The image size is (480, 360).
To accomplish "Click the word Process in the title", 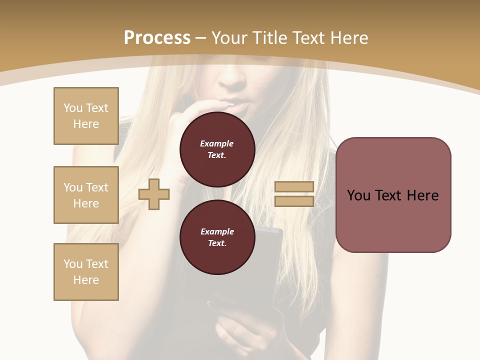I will tap(157, 38).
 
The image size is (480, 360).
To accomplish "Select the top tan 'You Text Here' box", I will tap(86, 116).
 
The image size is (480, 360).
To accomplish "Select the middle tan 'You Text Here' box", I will tap(86, 195).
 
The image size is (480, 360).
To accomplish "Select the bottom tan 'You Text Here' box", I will tap(86, 272).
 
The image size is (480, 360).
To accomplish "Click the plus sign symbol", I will tap(154, 194).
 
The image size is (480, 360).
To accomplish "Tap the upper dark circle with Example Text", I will tap(217, 149).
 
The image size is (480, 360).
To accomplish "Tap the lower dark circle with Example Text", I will tap(217, 237).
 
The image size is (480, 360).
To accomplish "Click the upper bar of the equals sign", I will tap(294, 187).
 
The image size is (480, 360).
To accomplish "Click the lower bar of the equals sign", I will tap(294, 201).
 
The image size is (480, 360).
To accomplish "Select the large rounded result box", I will tap(393, 195).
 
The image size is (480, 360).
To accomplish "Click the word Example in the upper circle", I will tap(217, 143).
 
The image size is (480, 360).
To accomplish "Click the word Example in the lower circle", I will tap(217, 231).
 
